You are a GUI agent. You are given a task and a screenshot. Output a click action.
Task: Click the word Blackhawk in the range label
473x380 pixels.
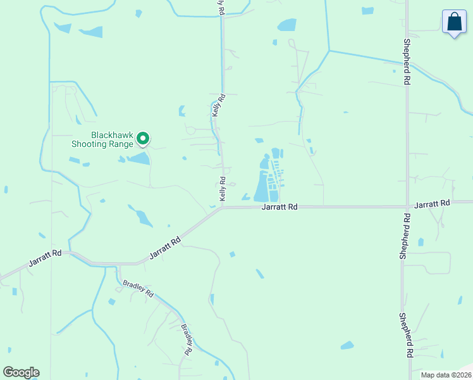(x=111, y=135)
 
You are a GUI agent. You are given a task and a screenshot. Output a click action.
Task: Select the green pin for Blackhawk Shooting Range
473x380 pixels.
(x=143, y=138)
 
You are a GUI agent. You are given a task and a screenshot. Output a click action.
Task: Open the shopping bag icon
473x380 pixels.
(x=453, y=22)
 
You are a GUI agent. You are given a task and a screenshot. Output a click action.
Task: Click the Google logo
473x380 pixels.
(x=21, y=372)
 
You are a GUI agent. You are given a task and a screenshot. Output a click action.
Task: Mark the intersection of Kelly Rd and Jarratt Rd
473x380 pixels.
(x=223, y=207)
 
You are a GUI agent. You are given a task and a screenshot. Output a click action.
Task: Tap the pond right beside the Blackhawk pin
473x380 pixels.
(x=140, y=158)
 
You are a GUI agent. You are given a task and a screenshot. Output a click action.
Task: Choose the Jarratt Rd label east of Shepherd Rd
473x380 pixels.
(x=432, y=204)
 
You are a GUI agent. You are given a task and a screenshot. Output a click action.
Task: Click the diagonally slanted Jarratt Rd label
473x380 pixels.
(x=166, y=248)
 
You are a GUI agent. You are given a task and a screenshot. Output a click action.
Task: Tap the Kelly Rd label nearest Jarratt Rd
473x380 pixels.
(x=223, y=189)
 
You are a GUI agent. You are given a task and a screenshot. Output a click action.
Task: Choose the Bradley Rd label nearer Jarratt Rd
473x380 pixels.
(x=138, y=289)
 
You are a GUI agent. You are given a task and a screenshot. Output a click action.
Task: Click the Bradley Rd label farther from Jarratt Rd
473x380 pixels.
(x=187, y=339)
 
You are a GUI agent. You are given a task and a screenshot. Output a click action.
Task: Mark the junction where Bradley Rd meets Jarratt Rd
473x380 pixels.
(x=114, y=264)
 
